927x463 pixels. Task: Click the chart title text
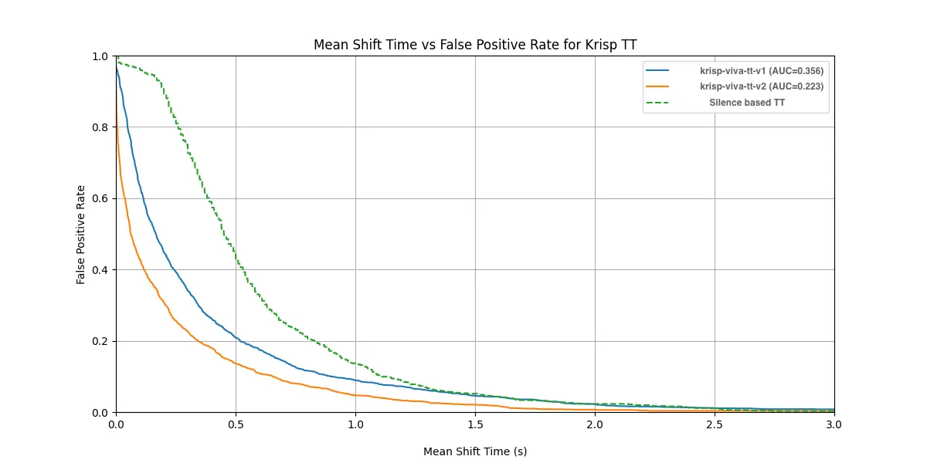pos(475,45)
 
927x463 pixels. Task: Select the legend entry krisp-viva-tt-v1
pos(761,71)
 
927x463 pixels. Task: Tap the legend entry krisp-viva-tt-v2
pos(761,86)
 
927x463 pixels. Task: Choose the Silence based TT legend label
pos(747,103)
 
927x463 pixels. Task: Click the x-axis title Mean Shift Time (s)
pos(475,451)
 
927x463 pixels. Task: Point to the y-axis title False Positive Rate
pos(80,234)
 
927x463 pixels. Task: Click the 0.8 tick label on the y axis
pos(101,127)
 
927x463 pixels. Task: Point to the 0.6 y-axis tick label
pos(101,198)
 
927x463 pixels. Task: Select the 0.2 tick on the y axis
pos(101,341)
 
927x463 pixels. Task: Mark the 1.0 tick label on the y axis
pos(101,56)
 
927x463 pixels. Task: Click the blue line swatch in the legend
pos(657,71)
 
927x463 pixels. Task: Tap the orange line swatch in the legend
pos(657,86)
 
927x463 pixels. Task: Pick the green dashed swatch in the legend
pos(657,103)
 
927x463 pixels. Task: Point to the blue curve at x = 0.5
pos(236,337)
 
